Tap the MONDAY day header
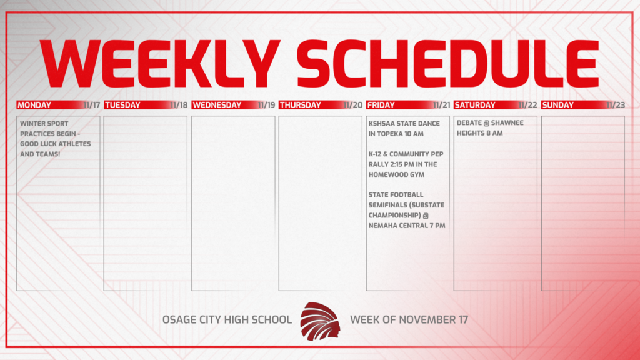[34, 105]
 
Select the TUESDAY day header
[122, 105]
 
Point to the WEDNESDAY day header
[216, 105]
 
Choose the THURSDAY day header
[300, 105]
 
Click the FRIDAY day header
[381, 105]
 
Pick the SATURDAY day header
[474, 105]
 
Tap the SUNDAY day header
[558, 105]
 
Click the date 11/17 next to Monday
[91, 105]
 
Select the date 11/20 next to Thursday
[353, 105]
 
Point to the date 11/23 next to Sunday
[616, 105]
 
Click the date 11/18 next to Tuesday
[179, 105]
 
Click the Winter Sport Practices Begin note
[55, 138]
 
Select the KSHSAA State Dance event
[404, 128]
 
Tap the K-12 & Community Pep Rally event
[403, 164]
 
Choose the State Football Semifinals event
[407, 210]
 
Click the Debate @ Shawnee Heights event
[490, 128]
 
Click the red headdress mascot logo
[320, 320]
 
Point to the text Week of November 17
[409, 319]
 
